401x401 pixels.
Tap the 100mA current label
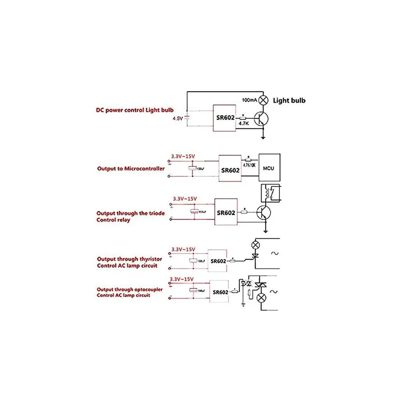250,100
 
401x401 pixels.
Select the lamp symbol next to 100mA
263,100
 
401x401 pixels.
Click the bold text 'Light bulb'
289,100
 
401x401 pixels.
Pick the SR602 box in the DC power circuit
224,118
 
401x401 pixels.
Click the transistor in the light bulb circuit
262,119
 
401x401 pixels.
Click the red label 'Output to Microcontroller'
131,168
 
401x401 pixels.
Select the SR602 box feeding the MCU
230,170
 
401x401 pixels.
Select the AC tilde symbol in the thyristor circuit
274,253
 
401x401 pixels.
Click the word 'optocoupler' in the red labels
148,289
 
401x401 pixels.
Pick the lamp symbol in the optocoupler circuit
262,298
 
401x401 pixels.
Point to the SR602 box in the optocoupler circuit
220,292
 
